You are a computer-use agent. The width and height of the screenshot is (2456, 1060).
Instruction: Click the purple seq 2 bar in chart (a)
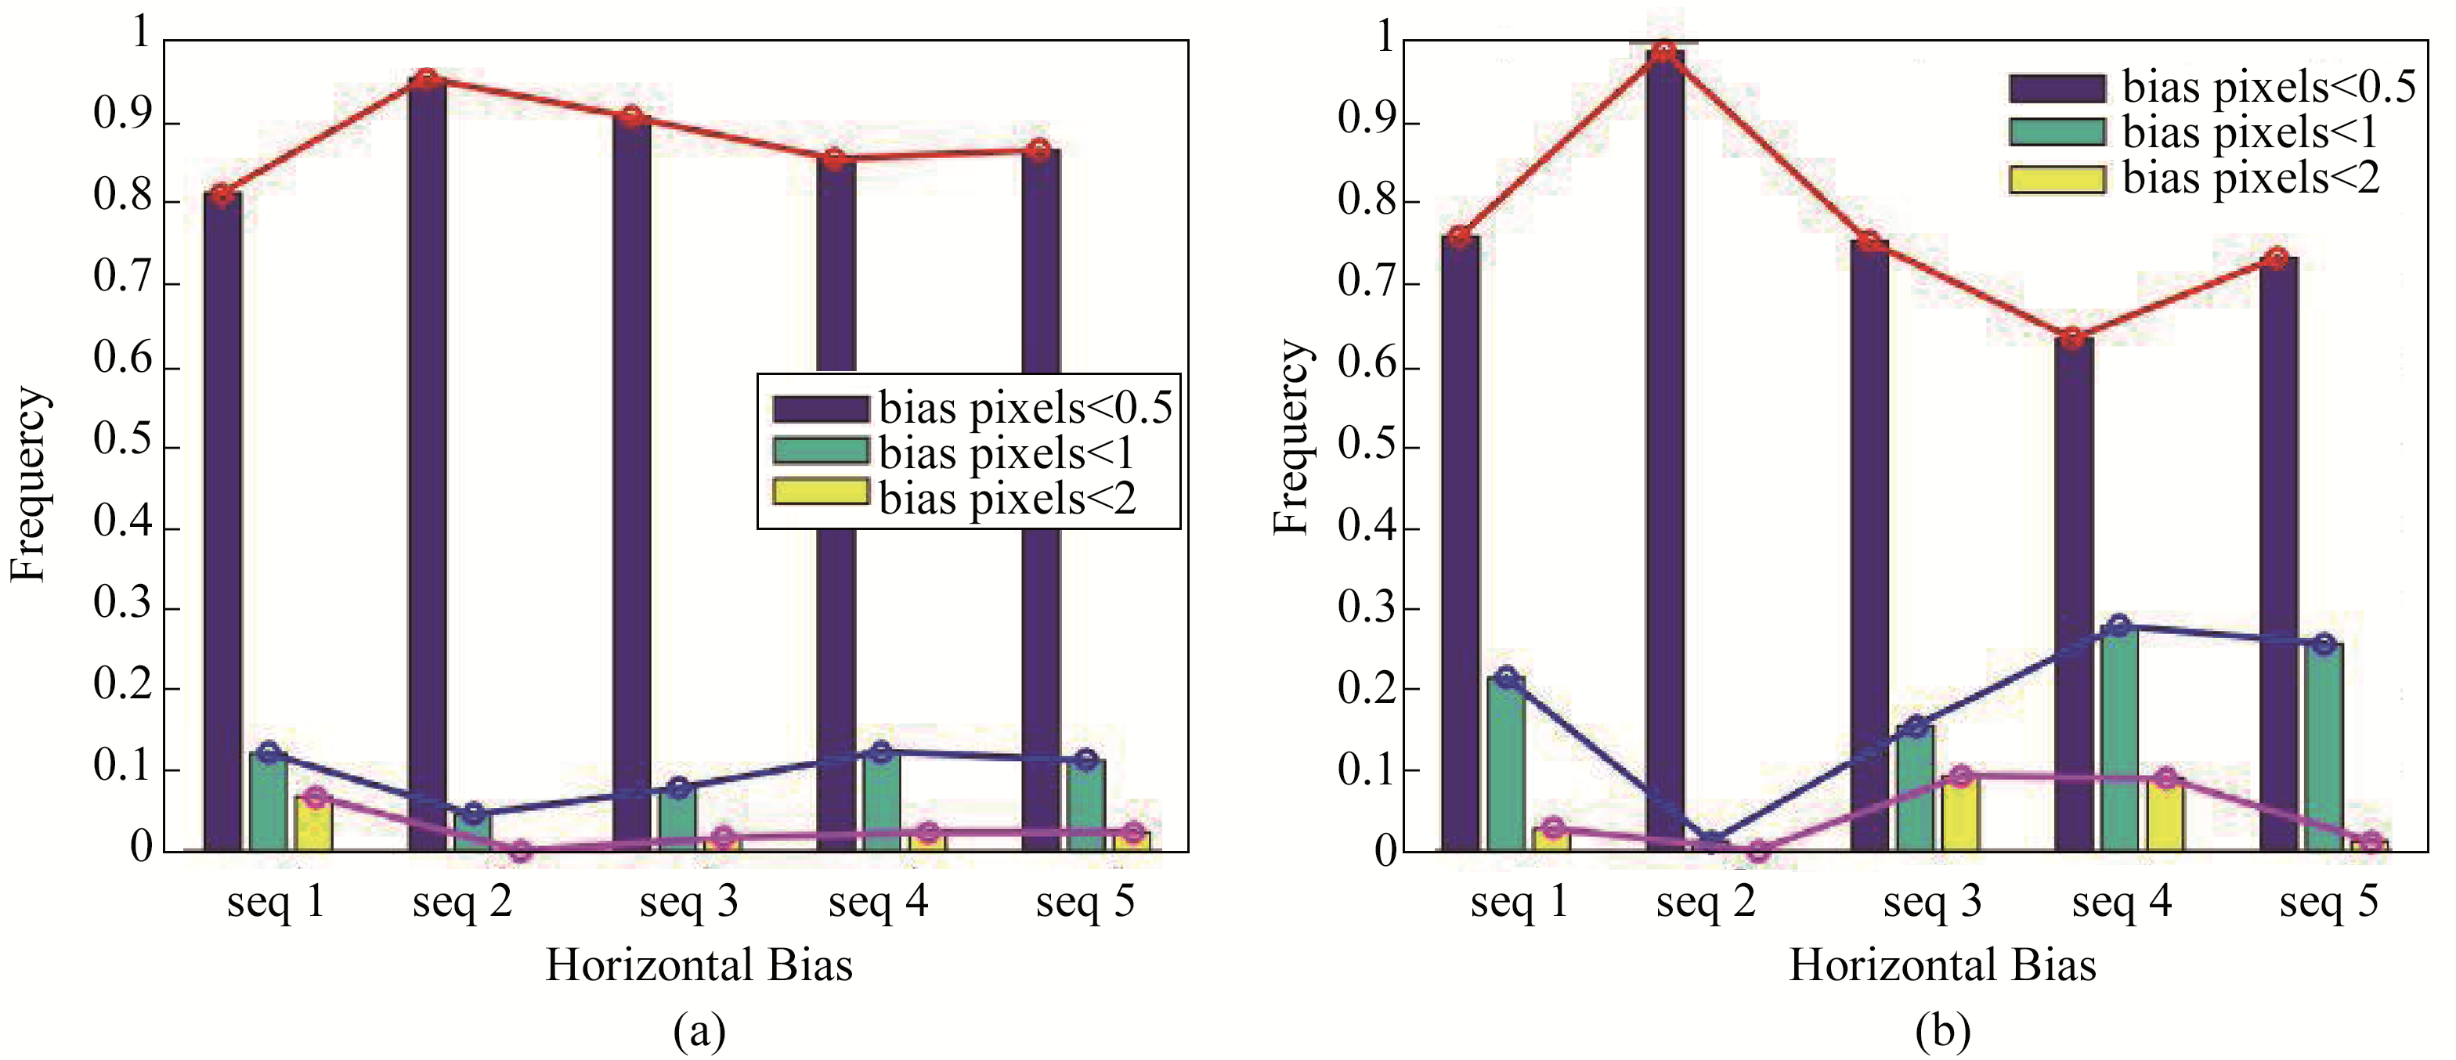point(427,457)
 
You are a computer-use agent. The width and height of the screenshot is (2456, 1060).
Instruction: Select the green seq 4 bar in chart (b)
point(2118,739)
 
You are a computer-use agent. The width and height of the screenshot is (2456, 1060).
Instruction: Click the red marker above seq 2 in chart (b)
point(1663,52)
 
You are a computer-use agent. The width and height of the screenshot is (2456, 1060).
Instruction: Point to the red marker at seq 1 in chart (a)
point(222,196)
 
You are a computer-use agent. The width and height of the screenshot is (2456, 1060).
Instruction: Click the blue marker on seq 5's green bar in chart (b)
point(2324,645)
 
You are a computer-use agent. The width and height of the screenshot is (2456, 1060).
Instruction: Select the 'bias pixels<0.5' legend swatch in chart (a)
point(820,409)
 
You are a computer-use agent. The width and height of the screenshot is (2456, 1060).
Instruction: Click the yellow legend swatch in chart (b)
point(2057,179)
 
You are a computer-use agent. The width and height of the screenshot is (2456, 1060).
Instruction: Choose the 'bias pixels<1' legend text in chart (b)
point(2250,132)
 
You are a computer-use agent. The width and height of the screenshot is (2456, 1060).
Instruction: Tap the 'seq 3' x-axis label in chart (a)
point(688,902)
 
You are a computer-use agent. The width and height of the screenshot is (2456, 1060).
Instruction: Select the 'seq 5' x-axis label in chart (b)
point(2328,902)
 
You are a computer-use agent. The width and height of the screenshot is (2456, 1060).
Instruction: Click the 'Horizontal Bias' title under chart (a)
point(699,964)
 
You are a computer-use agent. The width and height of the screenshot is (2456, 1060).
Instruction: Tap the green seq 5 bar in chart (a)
point(1086,806)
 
